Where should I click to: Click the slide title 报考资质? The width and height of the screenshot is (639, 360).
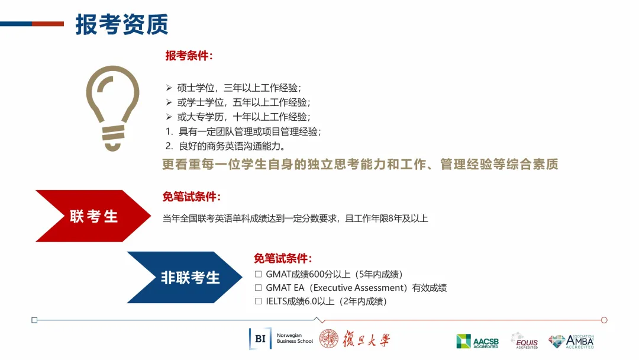[x=121, y=24]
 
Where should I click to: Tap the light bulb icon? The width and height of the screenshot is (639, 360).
[x=112, y=108]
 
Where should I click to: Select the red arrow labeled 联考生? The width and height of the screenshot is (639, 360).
[x=93, y=216]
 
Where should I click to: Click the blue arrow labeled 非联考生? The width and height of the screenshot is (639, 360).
[x=185, y=277]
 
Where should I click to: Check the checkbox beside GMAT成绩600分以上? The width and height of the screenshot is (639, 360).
[x=258, y=274]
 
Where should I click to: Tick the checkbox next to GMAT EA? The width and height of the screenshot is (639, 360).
[x=258, y=288]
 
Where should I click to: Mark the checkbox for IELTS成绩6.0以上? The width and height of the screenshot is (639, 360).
[x=258, y=301]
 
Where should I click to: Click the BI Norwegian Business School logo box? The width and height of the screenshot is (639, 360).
[x=260, y=339]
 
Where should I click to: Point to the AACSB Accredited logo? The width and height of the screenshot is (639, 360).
[x=477, y=341]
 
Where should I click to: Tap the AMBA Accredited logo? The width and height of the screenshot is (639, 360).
[x=571, y=341]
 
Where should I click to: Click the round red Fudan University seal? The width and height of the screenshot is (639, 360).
[x=329, y=339]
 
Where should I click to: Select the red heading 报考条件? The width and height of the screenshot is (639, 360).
[x=189, y=56]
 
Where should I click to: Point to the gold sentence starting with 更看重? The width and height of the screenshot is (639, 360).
[x=360, y=164]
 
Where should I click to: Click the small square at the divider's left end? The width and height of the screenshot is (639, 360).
[x=35, y=320]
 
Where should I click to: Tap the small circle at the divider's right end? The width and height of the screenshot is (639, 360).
[x=604, y=320]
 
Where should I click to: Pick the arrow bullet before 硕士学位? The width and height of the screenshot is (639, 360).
[x=169, y=88]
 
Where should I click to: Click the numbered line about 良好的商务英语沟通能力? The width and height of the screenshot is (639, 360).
[x=226, y=146]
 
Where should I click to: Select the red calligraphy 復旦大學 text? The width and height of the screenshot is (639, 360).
[x=366, y=339]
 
